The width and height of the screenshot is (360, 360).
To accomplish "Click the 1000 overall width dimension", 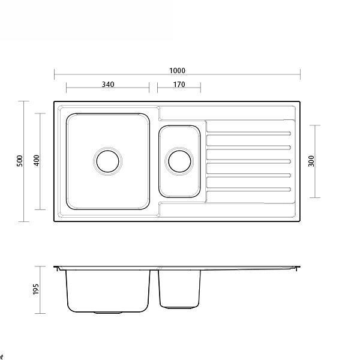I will click(177, 70).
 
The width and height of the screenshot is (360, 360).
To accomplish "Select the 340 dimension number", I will click(107, 85).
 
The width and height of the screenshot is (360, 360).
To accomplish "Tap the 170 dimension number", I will click(179, 85).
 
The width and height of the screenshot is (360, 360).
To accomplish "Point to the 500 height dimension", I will click(20, 161).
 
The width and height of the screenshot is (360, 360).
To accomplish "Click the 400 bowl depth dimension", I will click(37, 161).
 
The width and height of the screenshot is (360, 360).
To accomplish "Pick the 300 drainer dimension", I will click(311, 161).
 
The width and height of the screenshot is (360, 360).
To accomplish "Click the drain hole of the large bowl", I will click(108, 161).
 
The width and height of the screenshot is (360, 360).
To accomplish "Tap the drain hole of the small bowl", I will click(179, 161).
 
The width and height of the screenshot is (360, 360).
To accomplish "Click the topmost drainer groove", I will click(248, 133).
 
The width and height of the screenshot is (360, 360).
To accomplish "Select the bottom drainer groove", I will click(248, 189).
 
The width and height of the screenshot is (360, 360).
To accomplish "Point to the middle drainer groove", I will click(248, 161).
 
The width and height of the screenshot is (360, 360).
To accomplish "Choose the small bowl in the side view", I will click(178, 288).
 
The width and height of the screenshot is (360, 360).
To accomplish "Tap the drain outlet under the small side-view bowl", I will click(178, 308).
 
